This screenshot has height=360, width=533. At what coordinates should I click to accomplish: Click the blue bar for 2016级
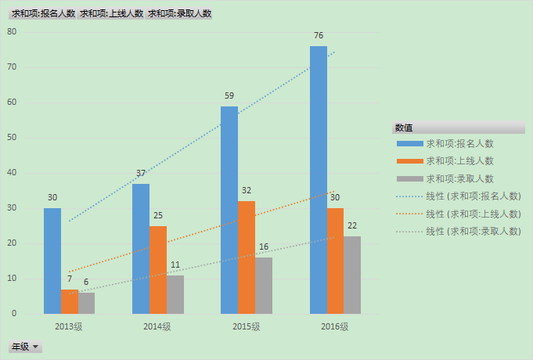click(x=319, y=180)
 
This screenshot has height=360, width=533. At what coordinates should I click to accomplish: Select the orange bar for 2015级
click(x=247, y=257)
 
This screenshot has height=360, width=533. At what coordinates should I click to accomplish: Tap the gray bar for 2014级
click(x=175, y=294)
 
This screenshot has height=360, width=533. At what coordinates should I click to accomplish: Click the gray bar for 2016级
click(x=352, y=275)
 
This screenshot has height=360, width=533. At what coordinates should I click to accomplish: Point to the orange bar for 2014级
click(x=158, y=270)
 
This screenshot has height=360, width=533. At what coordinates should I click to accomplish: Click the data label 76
click(x=319, y=36)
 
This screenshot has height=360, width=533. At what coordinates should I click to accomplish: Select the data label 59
click(x=229, y=96)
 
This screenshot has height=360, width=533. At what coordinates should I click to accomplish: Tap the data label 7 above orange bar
click(x=70, y=279)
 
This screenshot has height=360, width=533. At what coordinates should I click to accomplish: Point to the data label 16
click(x=264, y=247)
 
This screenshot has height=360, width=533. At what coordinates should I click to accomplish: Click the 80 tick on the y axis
click(x=12, y=31)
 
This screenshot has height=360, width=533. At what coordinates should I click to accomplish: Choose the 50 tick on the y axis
click(x=12, y=138)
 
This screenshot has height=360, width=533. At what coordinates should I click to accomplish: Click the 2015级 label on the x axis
click(x=247, y=326)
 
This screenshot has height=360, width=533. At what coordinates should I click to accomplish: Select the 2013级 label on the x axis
click(x=69, y=326)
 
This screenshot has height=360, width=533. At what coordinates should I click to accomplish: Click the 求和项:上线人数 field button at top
click(x=111, y=13)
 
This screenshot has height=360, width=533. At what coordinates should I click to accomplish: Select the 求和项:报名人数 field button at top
click(x=43, y=13)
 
